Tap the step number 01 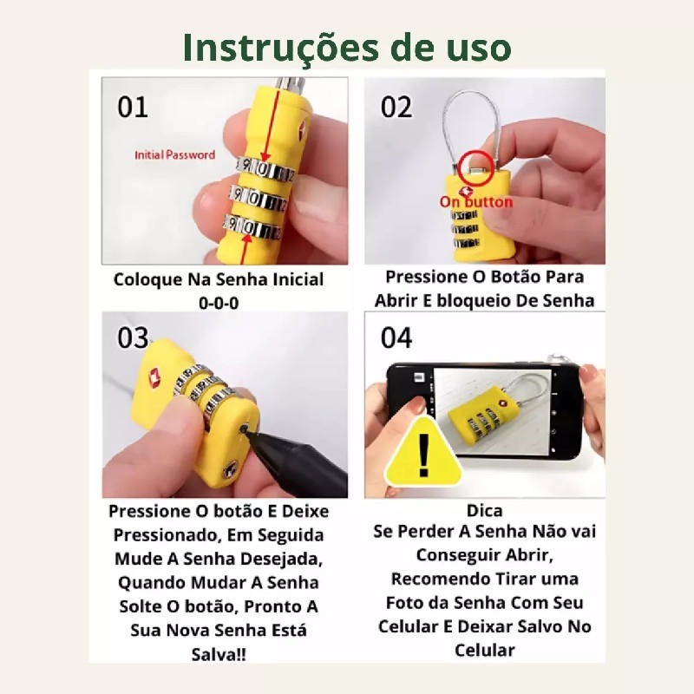pyautogui.click(x=133, y=107)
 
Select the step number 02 pyautogui.click(x=396, y=107)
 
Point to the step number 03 pyautogui.click(x=133, y=337)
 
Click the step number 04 pyautogui.click(x=396, y=337)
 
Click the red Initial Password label pyautogui.click(x=175, y=155)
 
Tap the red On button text pyautogui.click(x=475, y=202)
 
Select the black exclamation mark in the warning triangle pyautogui.click(x=423, y=455)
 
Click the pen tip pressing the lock pyautogui.click(x=244, y=429)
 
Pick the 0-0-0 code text pyautogui.click(x=219, y=303)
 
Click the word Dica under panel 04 pyautogui.click(x=485, y=511)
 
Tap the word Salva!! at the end pyautogui.click(x=219, y=654)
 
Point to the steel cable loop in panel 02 pyautogui.click(x=444, y=116)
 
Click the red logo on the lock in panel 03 pyautogui.click(x=154, y=377)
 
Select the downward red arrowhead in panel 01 pyautogui.click(x=265, y=157)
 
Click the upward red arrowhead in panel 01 pyautogui.click(x=247, y=238)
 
